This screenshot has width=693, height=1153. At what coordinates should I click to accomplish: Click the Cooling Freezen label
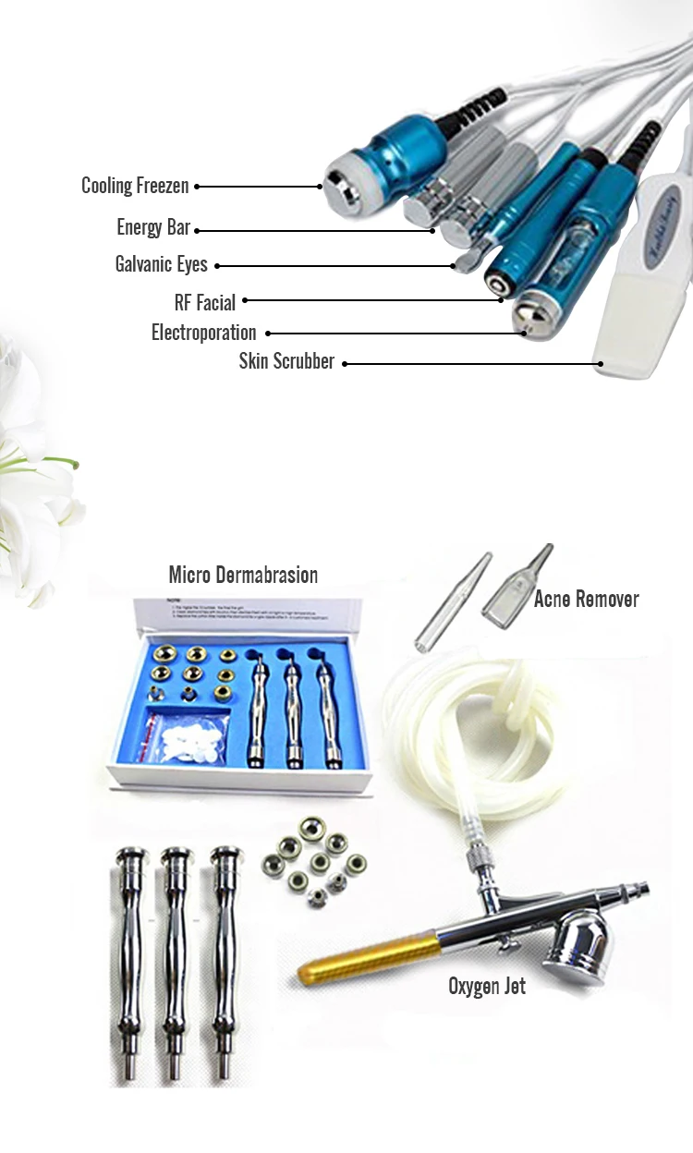tap(135, 186)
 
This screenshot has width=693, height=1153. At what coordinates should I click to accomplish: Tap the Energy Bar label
tap(153, 227)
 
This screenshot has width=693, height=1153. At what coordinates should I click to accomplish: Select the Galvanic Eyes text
tap(161, 264)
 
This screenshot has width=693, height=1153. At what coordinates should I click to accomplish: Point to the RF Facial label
tap(204, 301)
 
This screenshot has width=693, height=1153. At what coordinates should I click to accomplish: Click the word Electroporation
tap(203, 333)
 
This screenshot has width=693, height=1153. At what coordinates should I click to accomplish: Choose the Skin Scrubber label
tap(286, 361)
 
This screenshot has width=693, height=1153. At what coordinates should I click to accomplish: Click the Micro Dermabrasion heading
tap(243, 575)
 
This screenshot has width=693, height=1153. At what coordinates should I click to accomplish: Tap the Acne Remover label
tap(586, 599)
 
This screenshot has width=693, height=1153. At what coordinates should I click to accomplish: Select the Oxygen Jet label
tap(487, 987)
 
